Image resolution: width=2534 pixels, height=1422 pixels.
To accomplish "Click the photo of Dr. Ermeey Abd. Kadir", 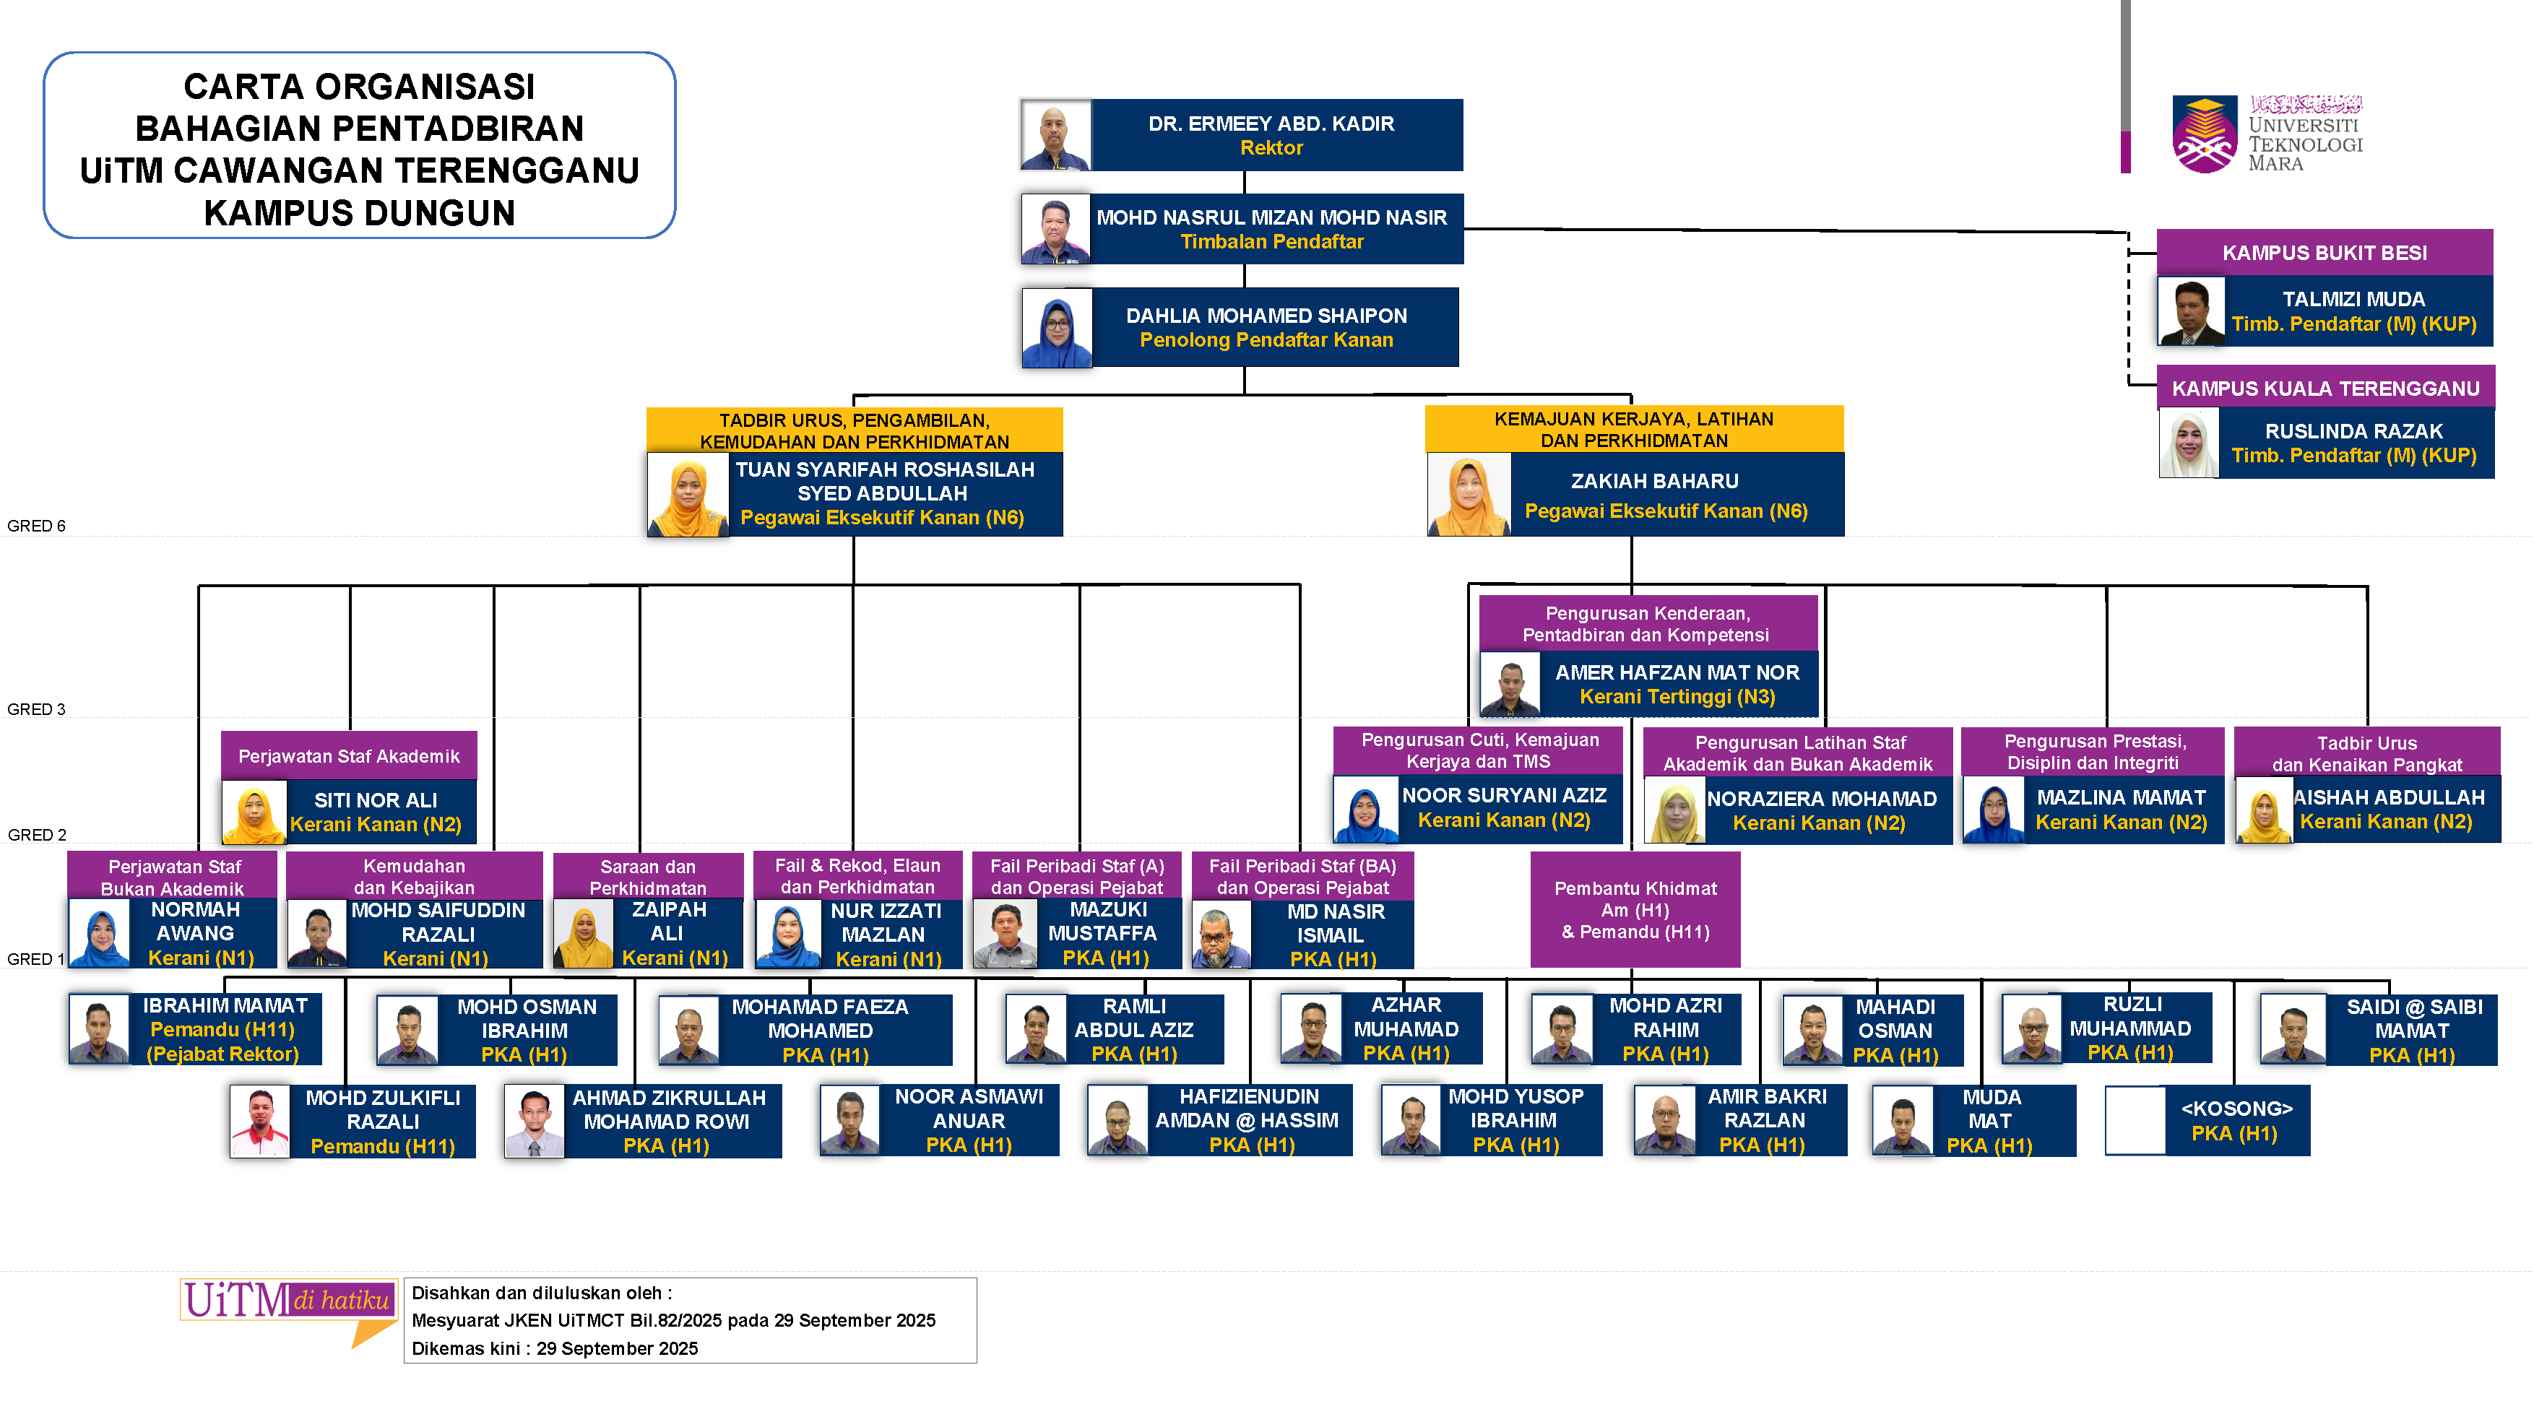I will click(x=1055, y=135).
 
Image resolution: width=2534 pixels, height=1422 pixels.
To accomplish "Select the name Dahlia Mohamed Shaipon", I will click(x=1266, y=316).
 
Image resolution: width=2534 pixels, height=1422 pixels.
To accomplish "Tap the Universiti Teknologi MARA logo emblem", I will click(x=2205, y=135).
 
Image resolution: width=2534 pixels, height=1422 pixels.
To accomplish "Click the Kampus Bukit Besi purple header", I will click(x=2324, y=253).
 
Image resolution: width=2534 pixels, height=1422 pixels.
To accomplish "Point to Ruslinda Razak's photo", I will click(x=2189, y=443).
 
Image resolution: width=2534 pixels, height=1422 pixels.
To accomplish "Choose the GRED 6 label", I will click(x=36, y=526).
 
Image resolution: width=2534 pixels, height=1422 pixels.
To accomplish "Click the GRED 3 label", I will click(x=36, y=709).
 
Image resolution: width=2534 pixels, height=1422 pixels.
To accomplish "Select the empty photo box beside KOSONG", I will click(x=2135, y=1120).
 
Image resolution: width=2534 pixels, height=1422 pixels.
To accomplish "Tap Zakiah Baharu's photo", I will click(x=1468, y=495).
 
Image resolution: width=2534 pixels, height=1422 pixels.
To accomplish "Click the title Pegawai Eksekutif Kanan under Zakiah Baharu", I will click(x=1666, y=511).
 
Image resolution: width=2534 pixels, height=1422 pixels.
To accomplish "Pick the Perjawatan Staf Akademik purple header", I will click(x=348, y=756).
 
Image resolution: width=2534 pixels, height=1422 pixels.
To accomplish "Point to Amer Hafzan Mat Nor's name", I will click(x=1677, y=672).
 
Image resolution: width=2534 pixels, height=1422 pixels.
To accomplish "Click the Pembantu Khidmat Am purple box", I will click(x=1635, y=910).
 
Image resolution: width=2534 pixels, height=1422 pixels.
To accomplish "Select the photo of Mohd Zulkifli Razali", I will click(x=260, y=1121).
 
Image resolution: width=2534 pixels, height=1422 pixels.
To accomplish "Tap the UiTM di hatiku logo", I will click(x=288, y=1303).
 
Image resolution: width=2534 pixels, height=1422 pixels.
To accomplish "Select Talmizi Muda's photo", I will click(x=2191, y=311).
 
